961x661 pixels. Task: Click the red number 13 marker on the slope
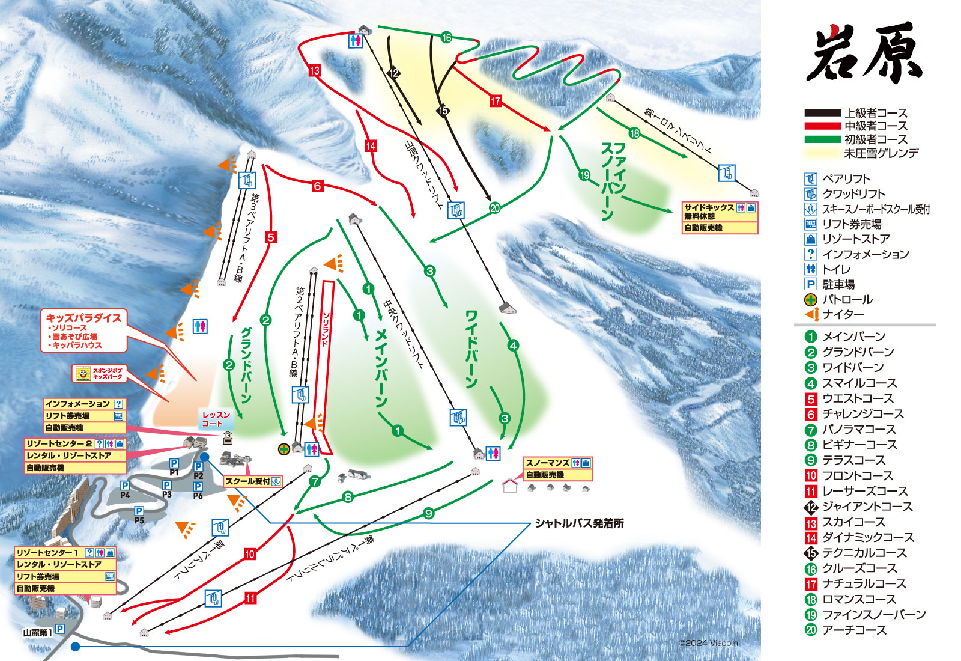coord(315,70)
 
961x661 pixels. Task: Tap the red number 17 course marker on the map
coord(495,100)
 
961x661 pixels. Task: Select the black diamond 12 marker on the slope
coord(393,73)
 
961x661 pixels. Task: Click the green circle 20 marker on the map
coord(494,208)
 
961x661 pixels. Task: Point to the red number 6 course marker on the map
coord(317,186)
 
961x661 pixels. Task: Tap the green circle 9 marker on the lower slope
coord(428,513)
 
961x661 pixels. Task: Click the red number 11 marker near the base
coord(250,598)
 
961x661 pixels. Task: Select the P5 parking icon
coord(139,512)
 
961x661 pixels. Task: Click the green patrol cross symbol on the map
coord(283,449)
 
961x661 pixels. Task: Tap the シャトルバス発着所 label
coord(579,523)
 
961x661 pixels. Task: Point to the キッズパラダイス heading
coord(83,318)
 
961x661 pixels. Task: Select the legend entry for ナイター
coord(843,314)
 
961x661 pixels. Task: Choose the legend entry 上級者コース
coord(875,113)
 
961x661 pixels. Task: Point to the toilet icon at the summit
coord(356,40)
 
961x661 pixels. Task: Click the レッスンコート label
coord(216,419)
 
